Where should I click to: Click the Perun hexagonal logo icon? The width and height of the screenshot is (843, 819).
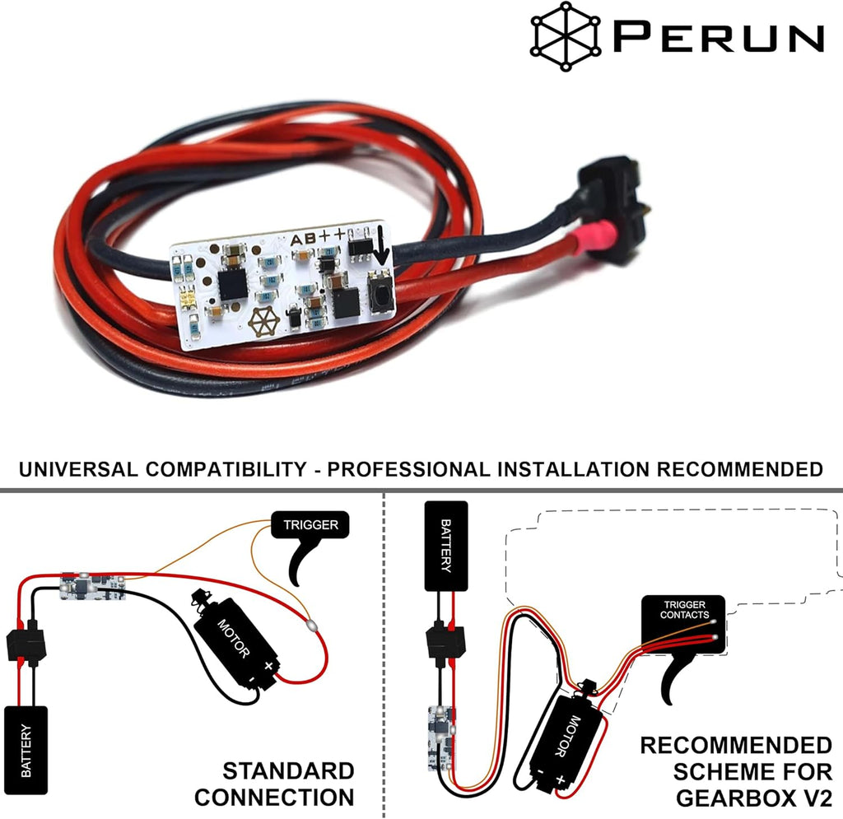click(566, 36)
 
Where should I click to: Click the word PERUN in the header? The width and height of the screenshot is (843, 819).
click(719, 36)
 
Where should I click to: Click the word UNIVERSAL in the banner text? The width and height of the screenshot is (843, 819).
click(78, 469)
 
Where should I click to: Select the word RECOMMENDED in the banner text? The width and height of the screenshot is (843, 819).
click(740, 469)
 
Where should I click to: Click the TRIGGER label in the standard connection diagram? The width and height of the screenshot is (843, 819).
click(310, 524)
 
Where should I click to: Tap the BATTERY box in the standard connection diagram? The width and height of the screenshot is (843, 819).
click(26, 750)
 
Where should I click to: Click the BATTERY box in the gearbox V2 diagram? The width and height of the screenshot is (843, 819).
click(446, 546)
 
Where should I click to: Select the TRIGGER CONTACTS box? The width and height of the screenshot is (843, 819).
click(684, 624)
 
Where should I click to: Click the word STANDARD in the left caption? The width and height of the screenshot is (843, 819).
click(288, 771)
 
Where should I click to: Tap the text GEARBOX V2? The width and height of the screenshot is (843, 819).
click(754, 798)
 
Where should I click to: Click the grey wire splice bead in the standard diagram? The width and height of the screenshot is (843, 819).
click(310, 625)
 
